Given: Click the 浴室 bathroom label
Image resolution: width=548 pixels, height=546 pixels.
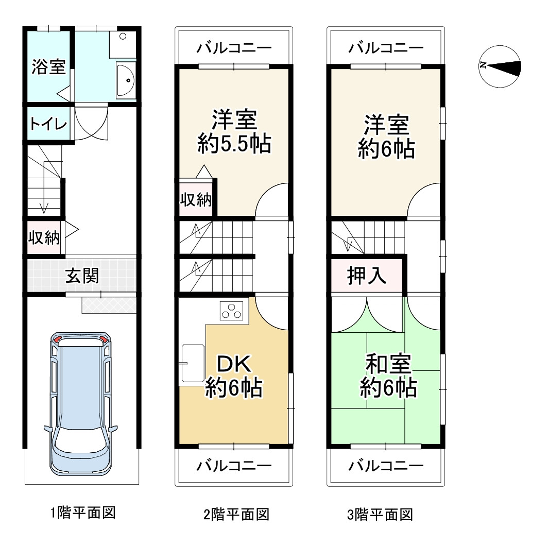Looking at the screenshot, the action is coord(48,67).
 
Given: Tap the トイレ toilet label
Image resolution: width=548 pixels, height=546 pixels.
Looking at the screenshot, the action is coord(48,124).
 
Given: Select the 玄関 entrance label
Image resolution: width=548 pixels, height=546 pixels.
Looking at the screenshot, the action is coord(82,276).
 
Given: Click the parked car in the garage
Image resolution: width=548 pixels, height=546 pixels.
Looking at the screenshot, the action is coord(81,404).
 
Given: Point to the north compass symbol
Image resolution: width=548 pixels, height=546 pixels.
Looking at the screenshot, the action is coord(500,66).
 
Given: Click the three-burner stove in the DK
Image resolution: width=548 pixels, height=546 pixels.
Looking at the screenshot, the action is coord(231,311).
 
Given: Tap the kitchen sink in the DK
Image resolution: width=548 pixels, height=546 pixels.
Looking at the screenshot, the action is coord(193,364).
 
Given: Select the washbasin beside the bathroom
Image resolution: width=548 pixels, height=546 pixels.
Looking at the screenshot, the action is coord(126,80).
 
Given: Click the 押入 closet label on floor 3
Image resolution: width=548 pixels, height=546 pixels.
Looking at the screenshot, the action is coord(367,276).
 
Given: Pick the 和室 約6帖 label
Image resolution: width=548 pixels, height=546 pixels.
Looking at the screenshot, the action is coord(388,376).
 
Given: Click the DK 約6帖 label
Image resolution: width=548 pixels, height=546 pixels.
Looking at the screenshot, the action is coord(234,376).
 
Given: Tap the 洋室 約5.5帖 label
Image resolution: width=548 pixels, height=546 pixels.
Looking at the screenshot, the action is coord(234,131).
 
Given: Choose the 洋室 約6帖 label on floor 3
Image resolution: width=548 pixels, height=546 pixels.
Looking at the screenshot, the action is coord(386,136).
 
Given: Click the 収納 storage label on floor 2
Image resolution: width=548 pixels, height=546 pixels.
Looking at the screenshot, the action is coord(196,199).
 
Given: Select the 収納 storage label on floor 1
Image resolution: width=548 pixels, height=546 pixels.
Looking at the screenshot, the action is coord(44,237).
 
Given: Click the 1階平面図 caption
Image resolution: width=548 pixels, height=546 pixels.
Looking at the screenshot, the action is coord(83,513).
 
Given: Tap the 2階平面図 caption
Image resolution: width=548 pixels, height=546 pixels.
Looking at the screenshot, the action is coord(236,514).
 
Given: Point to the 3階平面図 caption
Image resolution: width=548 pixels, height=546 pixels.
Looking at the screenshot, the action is coord(380,514).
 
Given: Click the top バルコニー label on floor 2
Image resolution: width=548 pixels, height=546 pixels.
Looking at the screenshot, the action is coord(234,48).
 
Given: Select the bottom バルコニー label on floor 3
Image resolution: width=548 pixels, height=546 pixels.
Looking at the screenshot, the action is coord(386,465).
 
